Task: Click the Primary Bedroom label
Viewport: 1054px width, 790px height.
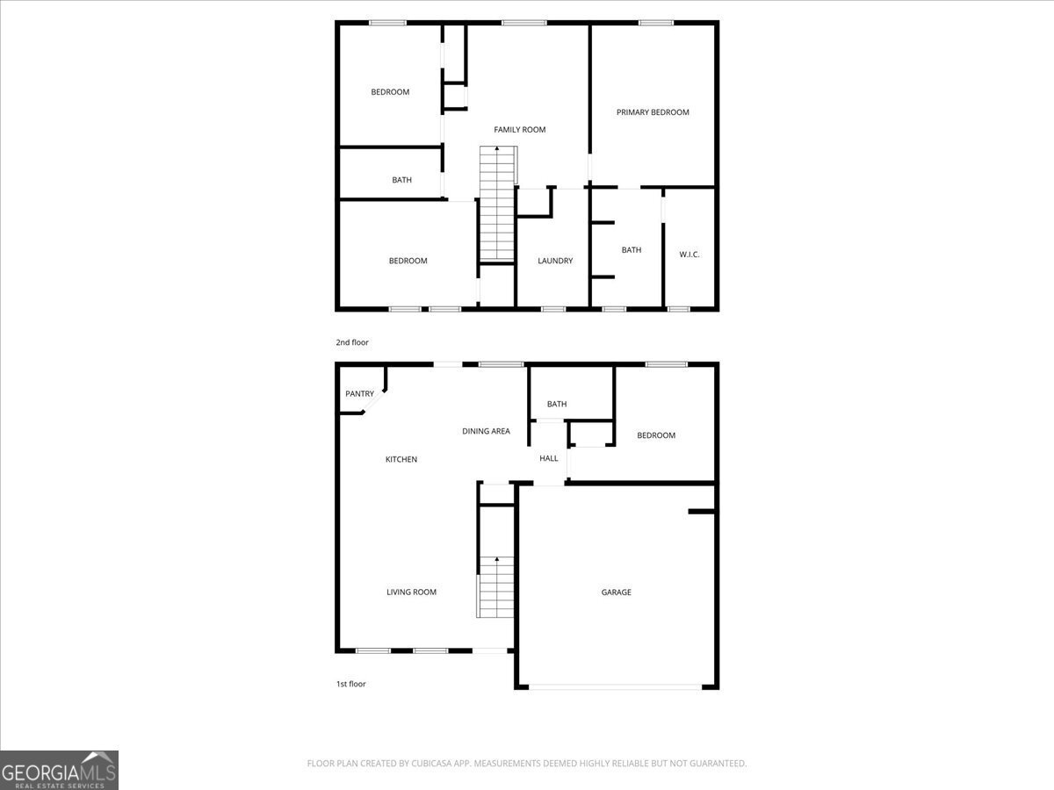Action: [653, 112]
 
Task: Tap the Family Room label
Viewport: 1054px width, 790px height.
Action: [519, 130]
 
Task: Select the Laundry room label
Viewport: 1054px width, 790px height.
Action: [555, 261]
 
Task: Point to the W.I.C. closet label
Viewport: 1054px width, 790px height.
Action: [689, 255]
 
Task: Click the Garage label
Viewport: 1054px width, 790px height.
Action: [616, 592]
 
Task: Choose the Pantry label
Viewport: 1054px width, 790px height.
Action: [359, 394]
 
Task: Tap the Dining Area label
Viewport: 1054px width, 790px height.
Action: [486, 431]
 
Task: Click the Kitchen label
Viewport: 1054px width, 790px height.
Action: [401, 459]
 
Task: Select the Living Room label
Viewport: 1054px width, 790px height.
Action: [411, 592]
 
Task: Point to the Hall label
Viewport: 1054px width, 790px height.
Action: [549, 458]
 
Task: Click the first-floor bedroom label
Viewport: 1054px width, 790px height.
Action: [656, 435]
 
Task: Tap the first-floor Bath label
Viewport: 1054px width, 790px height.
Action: [557, 405]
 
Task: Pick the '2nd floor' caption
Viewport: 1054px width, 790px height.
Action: [352, 342]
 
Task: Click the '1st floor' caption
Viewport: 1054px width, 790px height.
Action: [350, 684]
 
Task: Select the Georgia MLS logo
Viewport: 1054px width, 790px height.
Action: [59, 770]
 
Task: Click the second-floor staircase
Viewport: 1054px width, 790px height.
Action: [497, 206]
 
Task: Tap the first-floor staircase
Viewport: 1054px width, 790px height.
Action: [495, 586]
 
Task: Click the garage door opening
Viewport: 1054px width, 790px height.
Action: [616, 686]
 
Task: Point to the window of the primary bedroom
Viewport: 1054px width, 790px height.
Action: [655, 23]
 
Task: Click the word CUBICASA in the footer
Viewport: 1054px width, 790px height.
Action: [434, 764]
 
